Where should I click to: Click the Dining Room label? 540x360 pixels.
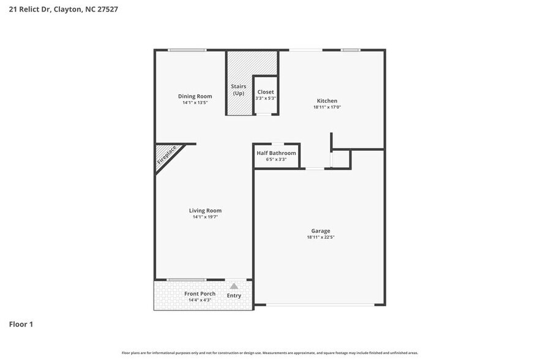[195, 96]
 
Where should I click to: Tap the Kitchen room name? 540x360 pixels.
[326, 101]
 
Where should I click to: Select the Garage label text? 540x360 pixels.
[320, 230]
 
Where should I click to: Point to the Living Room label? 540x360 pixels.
[204, 211]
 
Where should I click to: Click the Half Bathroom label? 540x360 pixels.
[276, 153]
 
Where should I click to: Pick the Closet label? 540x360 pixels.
[266, 92]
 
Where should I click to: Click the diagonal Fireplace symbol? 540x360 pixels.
[166, 156]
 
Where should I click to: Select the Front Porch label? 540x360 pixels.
[200, 294]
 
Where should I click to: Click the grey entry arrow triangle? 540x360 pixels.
[234, 286]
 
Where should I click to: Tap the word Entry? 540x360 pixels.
[234, 296]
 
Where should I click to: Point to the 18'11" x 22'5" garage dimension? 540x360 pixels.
[320, 237]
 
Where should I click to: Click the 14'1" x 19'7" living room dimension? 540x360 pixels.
[204, 217]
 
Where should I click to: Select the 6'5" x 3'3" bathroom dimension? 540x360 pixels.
[276, 160]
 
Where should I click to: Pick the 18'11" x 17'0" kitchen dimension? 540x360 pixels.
[326, 108]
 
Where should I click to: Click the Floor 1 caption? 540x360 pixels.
[21, 324]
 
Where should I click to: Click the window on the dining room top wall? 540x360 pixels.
[187, 50]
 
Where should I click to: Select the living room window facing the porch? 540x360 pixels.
[186, 280]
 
